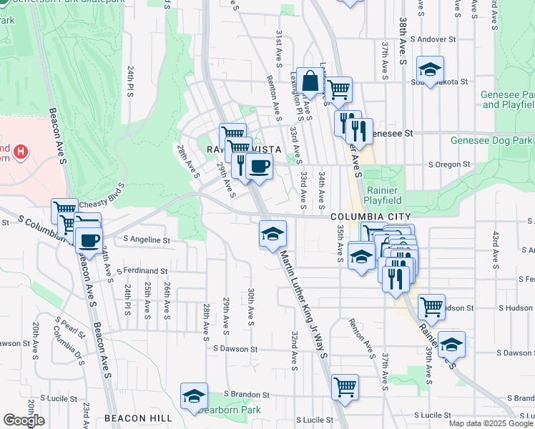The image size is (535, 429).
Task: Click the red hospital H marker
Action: pos(21,152)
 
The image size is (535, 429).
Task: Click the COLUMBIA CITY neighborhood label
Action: pos(370,216)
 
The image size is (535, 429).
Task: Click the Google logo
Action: pos(24,420)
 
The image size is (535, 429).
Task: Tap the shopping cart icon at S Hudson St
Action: pos(431,306)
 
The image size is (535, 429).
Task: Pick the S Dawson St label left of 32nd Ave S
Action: pos(235,349)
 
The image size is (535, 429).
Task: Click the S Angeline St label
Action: pos(147,240)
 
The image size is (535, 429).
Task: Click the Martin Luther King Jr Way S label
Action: pos(304,302)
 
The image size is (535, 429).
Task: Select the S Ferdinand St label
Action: pos(142,272)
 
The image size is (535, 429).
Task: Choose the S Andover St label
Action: pos(433,39)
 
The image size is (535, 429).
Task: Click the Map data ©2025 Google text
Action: pos(490,423)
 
